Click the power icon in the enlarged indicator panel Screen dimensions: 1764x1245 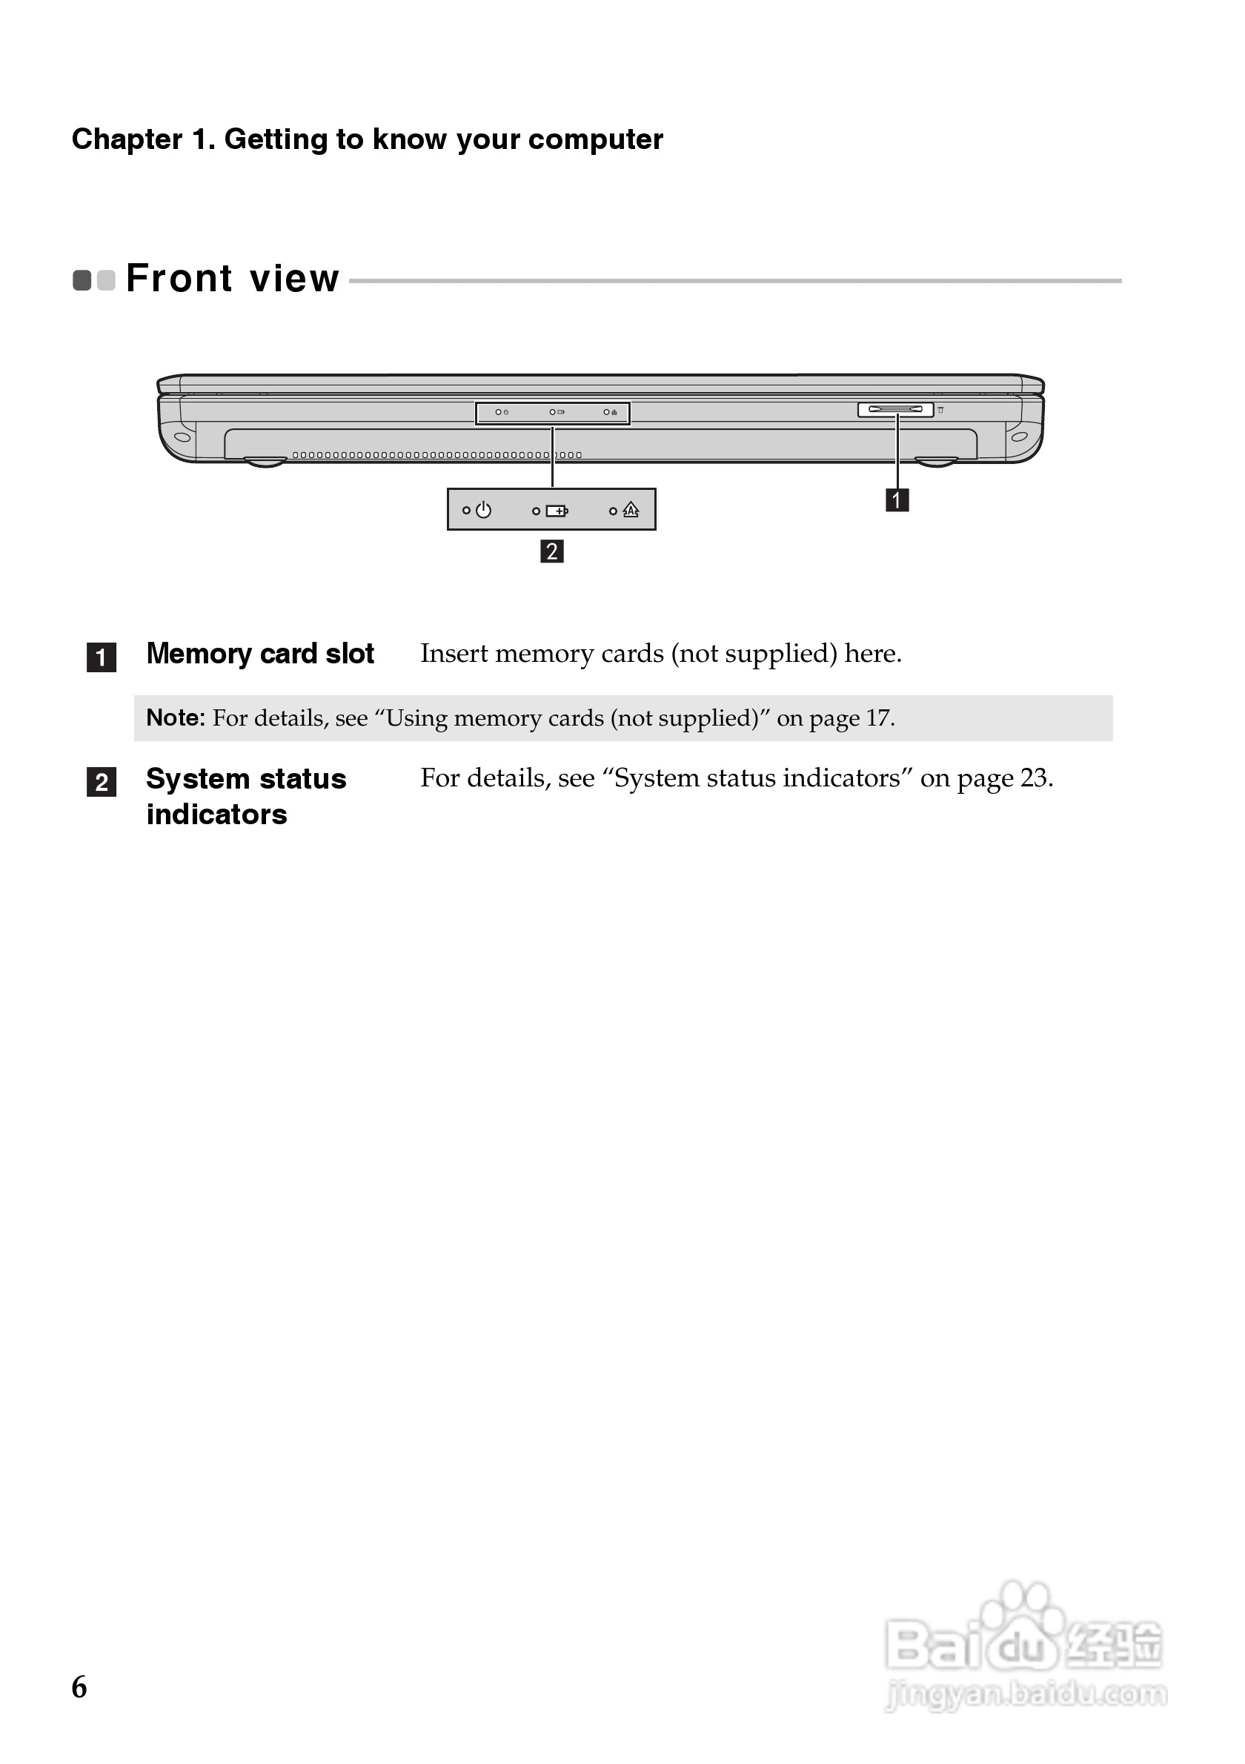(483, 510)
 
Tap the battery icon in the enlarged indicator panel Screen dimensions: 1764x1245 (557, 511)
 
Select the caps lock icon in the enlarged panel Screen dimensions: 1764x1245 (631, 510)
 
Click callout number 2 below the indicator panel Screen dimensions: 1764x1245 (551, 551)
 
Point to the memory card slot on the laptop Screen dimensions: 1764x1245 (895, 409)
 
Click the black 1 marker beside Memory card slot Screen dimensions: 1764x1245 (102, 657)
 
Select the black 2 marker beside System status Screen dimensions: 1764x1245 (102, 782)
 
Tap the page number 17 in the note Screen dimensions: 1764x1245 (878, 717)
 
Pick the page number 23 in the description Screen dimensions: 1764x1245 (1034, 778)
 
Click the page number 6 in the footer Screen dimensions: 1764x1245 (79, 1687)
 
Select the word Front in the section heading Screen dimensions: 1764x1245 (179, 278)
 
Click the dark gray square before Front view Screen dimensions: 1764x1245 (82, 280)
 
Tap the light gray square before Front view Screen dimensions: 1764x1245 (106, 280)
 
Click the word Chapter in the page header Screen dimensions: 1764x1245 (127, 140)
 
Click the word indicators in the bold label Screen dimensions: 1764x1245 (216, 815)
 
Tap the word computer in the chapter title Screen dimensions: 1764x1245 (595, 140)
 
